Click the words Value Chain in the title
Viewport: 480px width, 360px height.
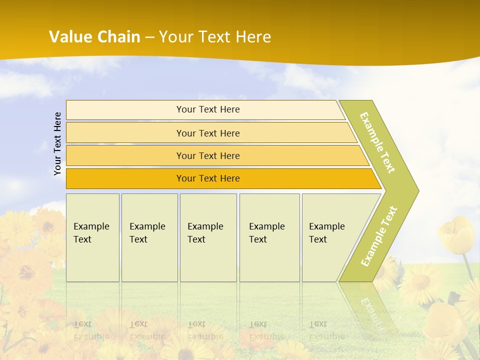pos(94,36)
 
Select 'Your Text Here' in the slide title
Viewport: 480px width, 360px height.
pos(215,37)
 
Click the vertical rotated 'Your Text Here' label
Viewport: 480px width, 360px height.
pos(57,143)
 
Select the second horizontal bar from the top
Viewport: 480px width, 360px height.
pos(207,133)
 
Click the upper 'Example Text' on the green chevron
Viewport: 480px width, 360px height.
pos(377,142)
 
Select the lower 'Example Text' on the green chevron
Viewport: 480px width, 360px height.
pos(379,236)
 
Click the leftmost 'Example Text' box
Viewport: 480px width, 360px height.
pos(92,237)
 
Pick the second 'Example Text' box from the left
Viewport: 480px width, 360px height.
pos(149,237)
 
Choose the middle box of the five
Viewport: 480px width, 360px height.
pos(208,237)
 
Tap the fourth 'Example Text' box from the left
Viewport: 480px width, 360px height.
pos(269,237)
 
